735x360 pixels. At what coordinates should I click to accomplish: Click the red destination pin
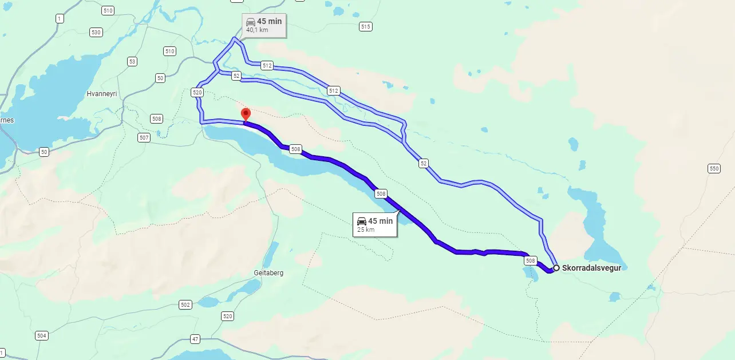tap(246, 113)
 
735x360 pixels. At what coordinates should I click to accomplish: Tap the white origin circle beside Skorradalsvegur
tap(556, 267)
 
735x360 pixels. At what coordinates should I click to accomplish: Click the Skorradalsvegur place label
tap(592, 267)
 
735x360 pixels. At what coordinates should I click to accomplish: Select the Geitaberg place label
tap(268, 273)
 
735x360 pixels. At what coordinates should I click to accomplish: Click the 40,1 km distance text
tap(257, 30)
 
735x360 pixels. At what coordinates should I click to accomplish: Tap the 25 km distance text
tap(366, 230)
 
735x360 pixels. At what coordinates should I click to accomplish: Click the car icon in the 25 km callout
tap(361, 221)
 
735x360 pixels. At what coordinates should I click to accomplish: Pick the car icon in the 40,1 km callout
tap(251, 22)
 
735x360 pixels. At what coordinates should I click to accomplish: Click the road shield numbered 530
tap(96, 32)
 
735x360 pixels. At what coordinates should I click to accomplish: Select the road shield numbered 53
tap(132, 61)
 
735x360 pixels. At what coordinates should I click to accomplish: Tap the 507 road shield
tap(144, 137)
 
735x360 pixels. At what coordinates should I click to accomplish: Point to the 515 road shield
tap(366, 26)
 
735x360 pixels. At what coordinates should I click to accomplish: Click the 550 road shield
tap(713, 168)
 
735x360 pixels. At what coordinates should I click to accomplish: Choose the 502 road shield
tap(185, 304)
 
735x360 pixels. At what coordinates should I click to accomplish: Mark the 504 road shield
tap(41, 335)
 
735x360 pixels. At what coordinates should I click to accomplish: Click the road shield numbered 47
tap(195, 339)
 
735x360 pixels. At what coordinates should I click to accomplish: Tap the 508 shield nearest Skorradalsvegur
tap(530, 260)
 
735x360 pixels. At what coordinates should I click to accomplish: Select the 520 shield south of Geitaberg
tap(227, 316)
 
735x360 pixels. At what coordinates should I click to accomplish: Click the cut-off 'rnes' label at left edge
tap(7, 120)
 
